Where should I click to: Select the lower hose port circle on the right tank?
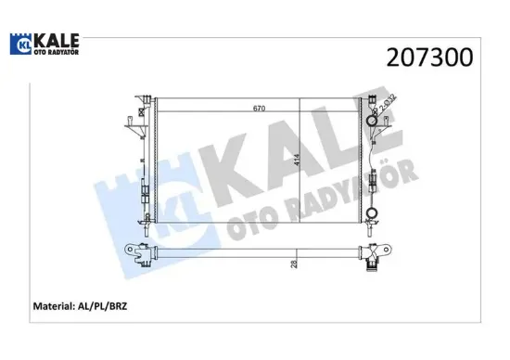coord(373,216)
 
